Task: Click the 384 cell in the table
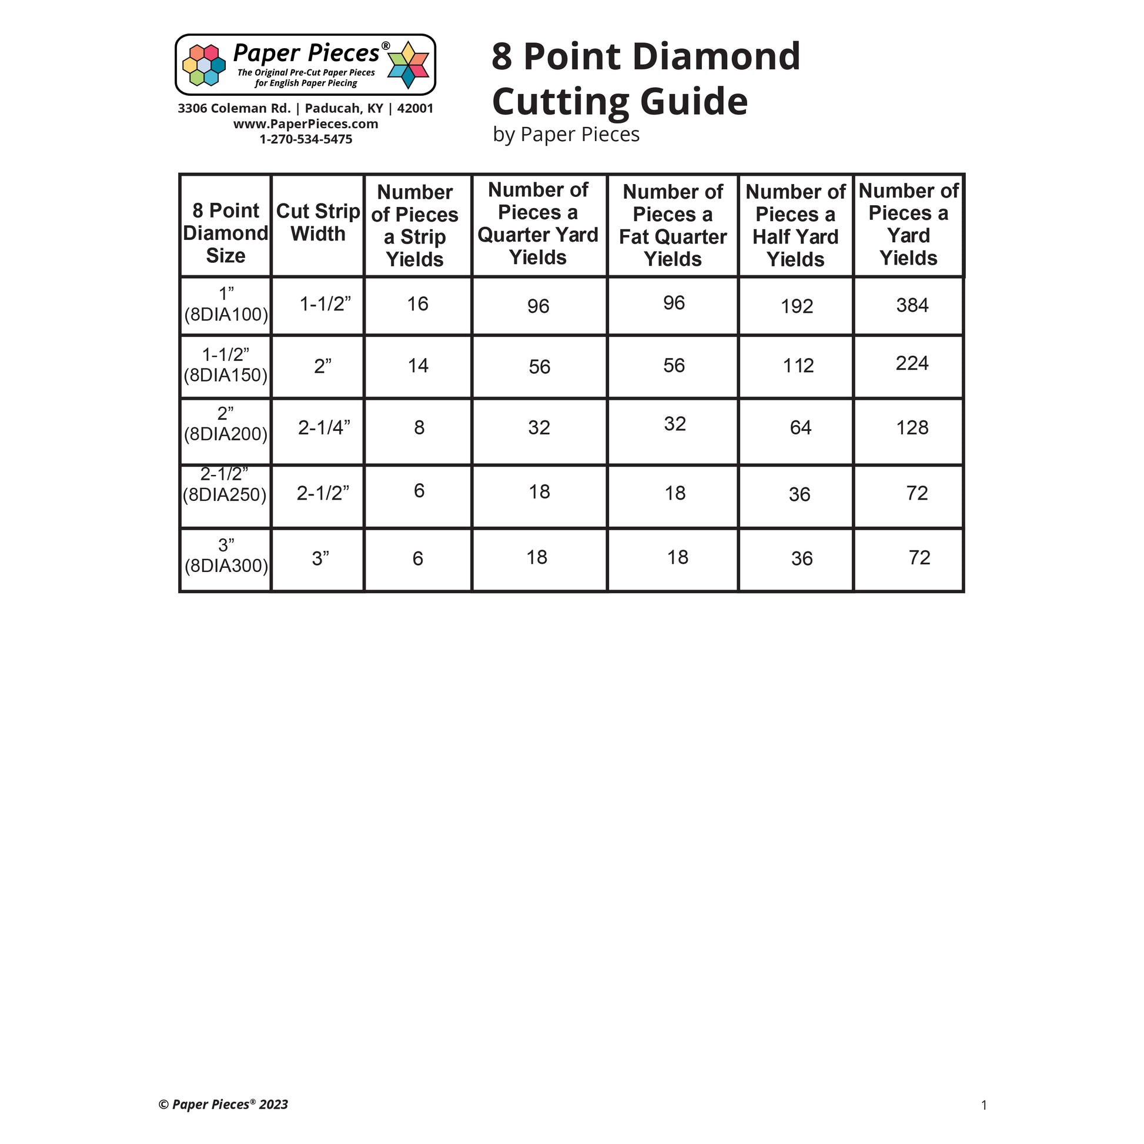coord(912,306)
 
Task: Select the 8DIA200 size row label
coord(226,424)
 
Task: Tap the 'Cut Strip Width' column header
coord(318,223)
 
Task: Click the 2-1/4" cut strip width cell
coord(324,427)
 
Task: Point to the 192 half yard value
coord(797,307)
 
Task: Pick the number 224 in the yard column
coord(912,363)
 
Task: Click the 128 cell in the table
coord(912,427)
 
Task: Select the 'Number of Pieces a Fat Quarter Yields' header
coord(673,226)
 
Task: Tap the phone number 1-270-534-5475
coord(306,139)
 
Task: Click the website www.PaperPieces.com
coord(306,124)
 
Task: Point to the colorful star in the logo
coord(407,65)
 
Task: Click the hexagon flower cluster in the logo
coord(203,65)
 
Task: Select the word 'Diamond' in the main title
coord(721,57)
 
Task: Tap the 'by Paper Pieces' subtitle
coord(566,135)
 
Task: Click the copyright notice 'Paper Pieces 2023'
coord(223,1105)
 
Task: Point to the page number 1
coord(984,1105)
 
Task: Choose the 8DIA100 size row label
coord(226,305)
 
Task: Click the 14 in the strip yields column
coord(418,365)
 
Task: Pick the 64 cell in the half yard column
coord(800,427)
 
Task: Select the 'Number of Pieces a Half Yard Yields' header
coord(795,226)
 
